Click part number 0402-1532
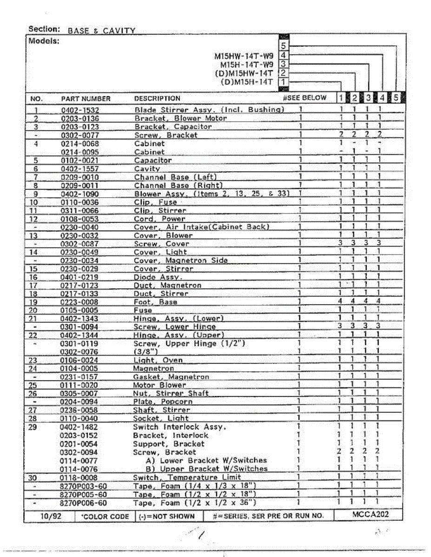pyautogui.click(x=80, y=110)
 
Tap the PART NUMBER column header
pyautogui.click(x=86, y=98)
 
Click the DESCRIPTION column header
pyautogui.click(x=157, y=98)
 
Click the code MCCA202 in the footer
pyautogui.click(x=371, y=514)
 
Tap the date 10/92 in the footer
pyautogui.click(x=48, y=516)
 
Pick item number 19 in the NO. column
pyautogui.click(x=33, y=302)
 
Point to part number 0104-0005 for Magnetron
pyautogui.click(x=80, y=369)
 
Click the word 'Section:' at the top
pyautogui.click(x=44, y=29)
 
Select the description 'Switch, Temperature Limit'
pyautogui.click(x=187, y=477)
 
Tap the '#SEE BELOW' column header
pyautogui.click(x=305, y=98)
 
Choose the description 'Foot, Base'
pyautogui.click(x=155, y=302)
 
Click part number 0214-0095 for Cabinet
pyautogui.click(x=80, y=152)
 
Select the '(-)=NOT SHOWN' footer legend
pyautogui.click(x=166, y=516)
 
